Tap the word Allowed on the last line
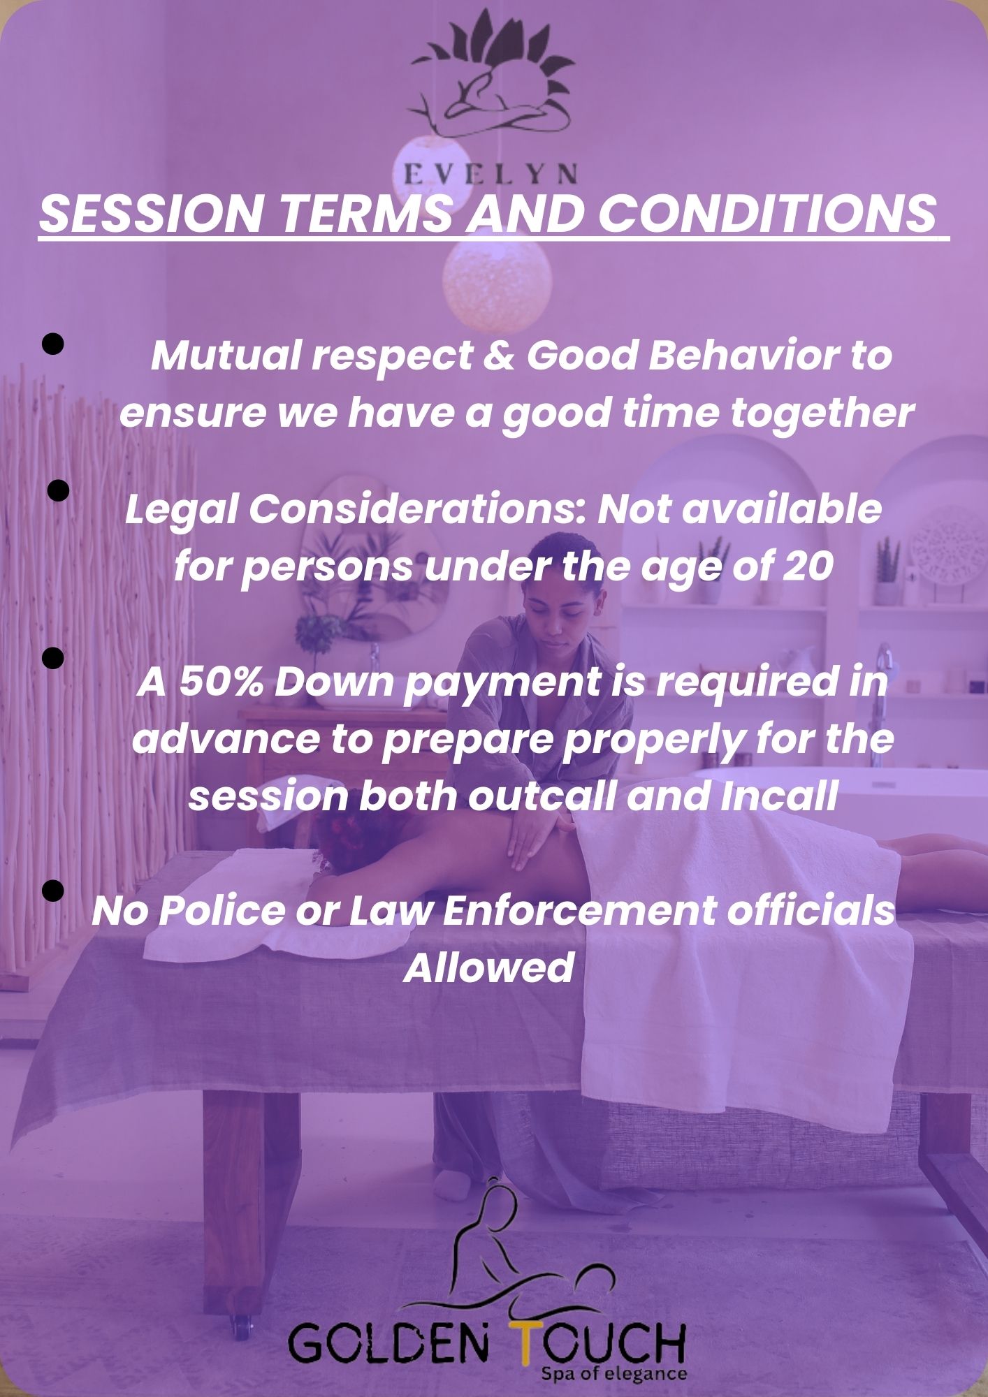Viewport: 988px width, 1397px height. tap(489, 967)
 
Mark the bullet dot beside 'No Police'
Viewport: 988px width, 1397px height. tap(53, 891)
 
